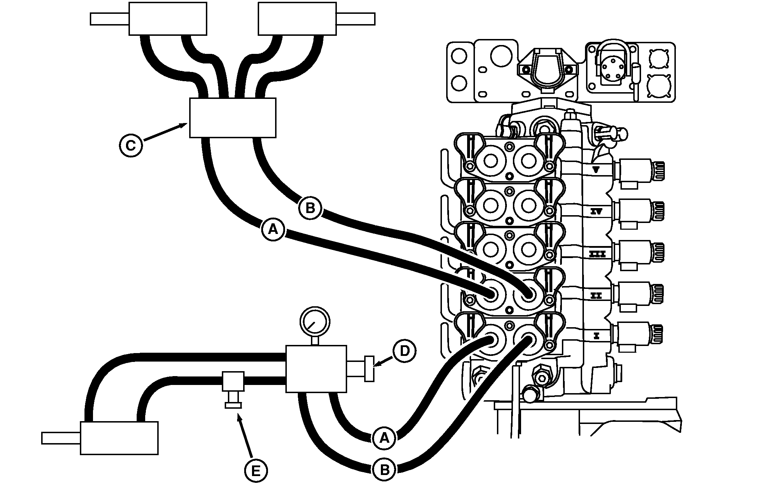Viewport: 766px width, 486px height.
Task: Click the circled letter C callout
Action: click(x=131, y=145)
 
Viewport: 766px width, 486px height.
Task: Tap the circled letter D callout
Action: click(x=404, y=351)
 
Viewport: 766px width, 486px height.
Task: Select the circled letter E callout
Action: click(x=256, y=471)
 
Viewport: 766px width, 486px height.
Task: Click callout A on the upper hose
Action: click(x=273, y=230)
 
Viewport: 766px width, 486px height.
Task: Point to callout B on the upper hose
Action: click(x=310, y=208)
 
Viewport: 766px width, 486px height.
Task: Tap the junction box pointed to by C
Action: click(x=232, y=118)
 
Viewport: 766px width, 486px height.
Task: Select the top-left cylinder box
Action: click(x=168, y=19)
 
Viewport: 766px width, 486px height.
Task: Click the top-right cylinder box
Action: click(x=297, y=19)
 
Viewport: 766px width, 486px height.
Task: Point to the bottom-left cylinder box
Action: click(x=119, y=438)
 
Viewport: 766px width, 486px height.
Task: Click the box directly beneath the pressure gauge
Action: click(x=316, y=369)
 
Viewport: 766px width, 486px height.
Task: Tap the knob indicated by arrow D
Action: click(x=369, y=369)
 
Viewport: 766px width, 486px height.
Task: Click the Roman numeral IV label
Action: click(x=596, y=212)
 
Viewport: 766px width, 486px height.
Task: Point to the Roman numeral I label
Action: click(x=596, y=336)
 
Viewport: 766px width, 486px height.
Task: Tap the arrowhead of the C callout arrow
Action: click(x=186, y=124)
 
